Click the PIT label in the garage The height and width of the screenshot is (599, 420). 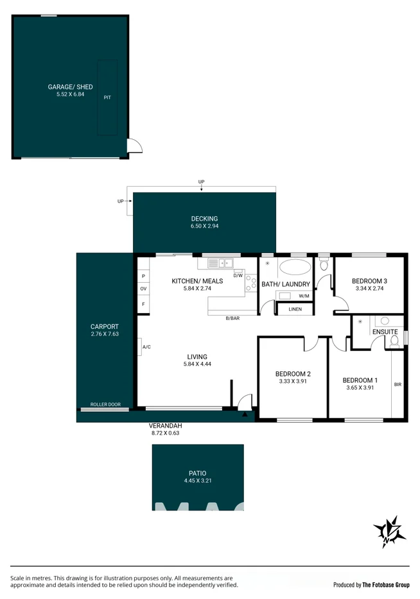pos(107,97)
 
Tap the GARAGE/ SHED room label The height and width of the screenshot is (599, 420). pos(71,87)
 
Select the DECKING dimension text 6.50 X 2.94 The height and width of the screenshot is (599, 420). pos(205,226)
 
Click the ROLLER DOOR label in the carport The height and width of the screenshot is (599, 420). pos(105,404)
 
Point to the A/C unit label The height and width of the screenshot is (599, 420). pos(146,347)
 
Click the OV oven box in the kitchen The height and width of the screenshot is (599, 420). pos(143,289)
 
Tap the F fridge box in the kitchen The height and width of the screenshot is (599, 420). pos(143,305)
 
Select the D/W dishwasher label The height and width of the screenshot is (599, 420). pos(238,275)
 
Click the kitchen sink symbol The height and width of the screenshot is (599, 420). pos(221,263)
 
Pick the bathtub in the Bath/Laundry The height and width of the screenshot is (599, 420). pos(295,267)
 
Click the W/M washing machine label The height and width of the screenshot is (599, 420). pos(304,296)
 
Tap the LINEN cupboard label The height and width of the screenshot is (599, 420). pos(295,309)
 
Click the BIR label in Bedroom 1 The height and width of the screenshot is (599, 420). pos(398,384)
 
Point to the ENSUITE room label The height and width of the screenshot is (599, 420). pos(385,332)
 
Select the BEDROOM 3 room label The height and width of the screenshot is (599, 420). pos(369,281)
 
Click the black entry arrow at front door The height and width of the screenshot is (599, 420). pos(245,414)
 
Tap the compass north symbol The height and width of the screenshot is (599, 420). pos(389,532)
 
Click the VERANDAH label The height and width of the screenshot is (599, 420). pos(165,426)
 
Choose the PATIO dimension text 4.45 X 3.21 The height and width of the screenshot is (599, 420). pos(198,480)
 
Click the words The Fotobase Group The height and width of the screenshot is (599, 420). pos(386,585)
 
